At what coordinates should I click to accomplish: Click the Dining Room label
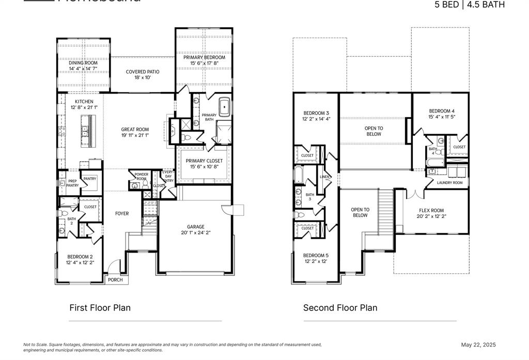(x=83, y=62)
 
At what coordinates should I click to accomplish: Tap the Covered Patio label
(x=143, y=72)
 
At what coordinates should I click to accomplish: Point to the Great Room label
(x=135, y=130)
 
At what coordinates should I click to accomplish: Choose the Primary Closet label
(x=204, y=161)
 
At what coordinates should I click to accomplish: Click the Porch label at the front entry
(x=115, y=280)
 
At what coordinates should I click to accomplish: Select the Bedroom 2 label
(x=80, y=256)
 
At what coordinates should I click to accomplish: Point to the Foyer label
(x=122, y=213)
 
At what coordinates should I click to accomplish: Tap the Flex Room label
(x=431, y=210)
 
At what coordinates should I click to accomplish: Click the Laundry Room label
(x=449, y=182)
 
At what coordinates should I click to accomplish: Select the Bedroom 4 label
(x=442, y=111)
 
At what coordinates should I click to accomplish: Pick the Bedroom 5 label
(x=316, y=255)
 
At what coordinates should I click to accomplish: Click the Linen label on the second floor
(x=324, y=177)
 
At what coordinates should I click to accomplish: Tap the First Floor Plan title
(x=100, y=308)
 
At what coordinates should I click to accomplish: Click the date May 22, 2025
(x=478, y=345)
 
